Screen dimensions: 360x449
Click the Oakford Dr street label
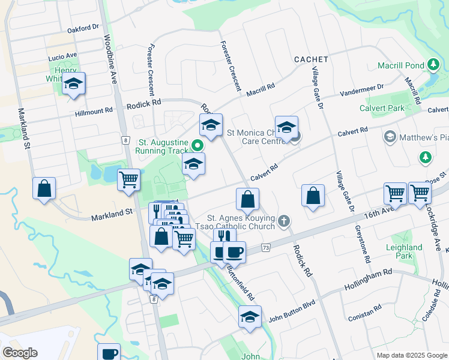pos(83,28)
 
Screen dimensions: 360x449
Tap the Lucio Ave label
pos(63,56)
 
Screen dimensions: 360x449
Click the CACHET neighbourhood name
pos(311,59)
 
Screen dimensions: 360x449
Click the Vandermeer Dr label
pos(361,90)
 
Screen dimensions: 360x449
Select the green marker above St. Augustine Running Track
pos(197,145)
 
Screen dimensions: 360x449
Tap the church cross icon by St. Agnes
pos(284,222)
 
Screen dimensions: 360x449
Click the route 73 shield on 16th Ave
pos(266,247)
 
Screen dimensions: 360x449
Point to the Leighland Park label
pos(404,251)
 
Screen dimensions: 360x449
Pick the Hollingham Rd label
pos(368,280)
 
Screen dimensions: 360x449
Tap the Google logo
pos(20,353)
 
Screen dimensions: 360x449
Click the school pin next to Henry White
pos(74,84)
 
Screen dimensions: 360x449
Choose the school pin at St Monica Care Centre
pos(287,128)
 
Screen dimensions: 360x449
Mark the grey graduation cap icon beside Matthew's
pos(390,137)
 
